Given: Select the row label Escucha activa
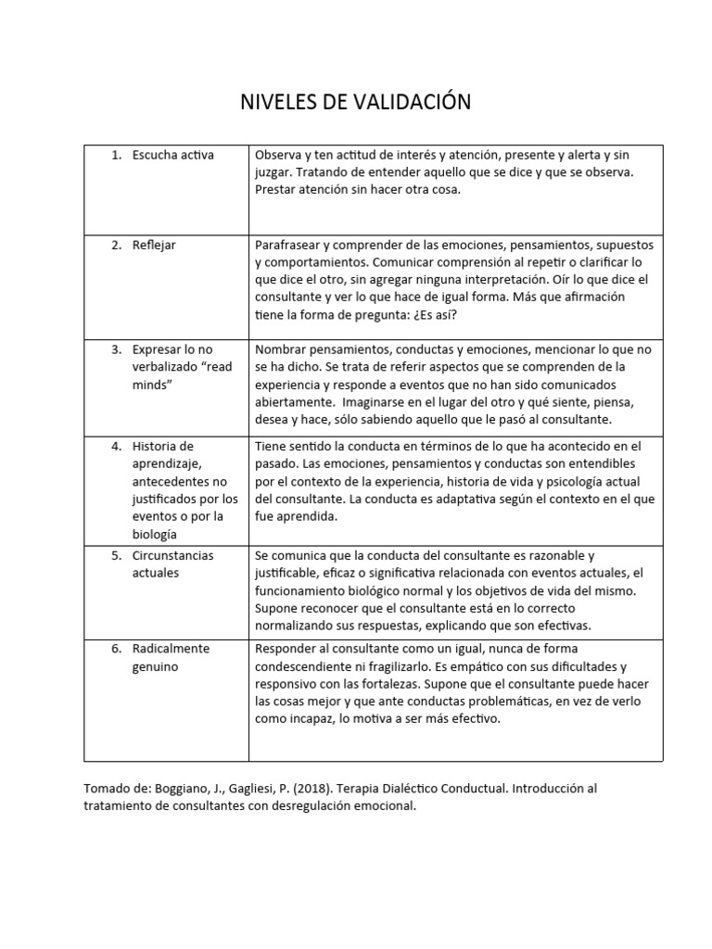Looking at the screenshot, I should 172,155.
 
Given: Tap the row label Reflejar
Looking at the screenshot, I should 154,246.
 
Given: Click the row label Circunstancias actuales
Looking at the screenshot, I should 172,563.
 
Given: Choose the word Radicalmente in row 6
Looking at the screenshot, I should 172,649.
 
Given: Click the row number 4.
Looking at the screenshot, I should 116,446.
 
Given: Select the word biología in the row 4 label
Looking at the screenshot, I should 155,534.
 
